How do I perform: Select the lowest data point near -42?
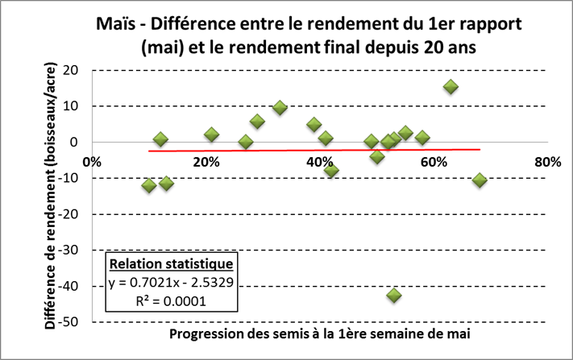(394, 295)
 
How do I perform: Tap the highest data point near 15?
(451, 87)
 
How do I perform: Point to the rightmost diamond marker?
(480, 180)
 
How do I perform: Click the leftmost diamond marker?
(149, 185)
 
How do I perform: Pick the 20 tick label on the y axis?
(78, 70)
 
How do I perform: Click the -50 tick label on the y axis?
(76, 322)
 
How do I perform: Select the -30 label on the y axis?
(76, 250)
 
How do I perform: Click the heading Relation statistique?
(171, 264)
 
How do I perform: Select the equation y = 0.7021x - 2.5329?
(171, 282)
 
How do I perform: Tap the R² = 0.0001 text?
(171, 300)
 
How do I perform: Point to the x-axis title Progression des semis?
(320, 333)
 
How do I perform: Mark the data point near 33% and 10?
(280, 108)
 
